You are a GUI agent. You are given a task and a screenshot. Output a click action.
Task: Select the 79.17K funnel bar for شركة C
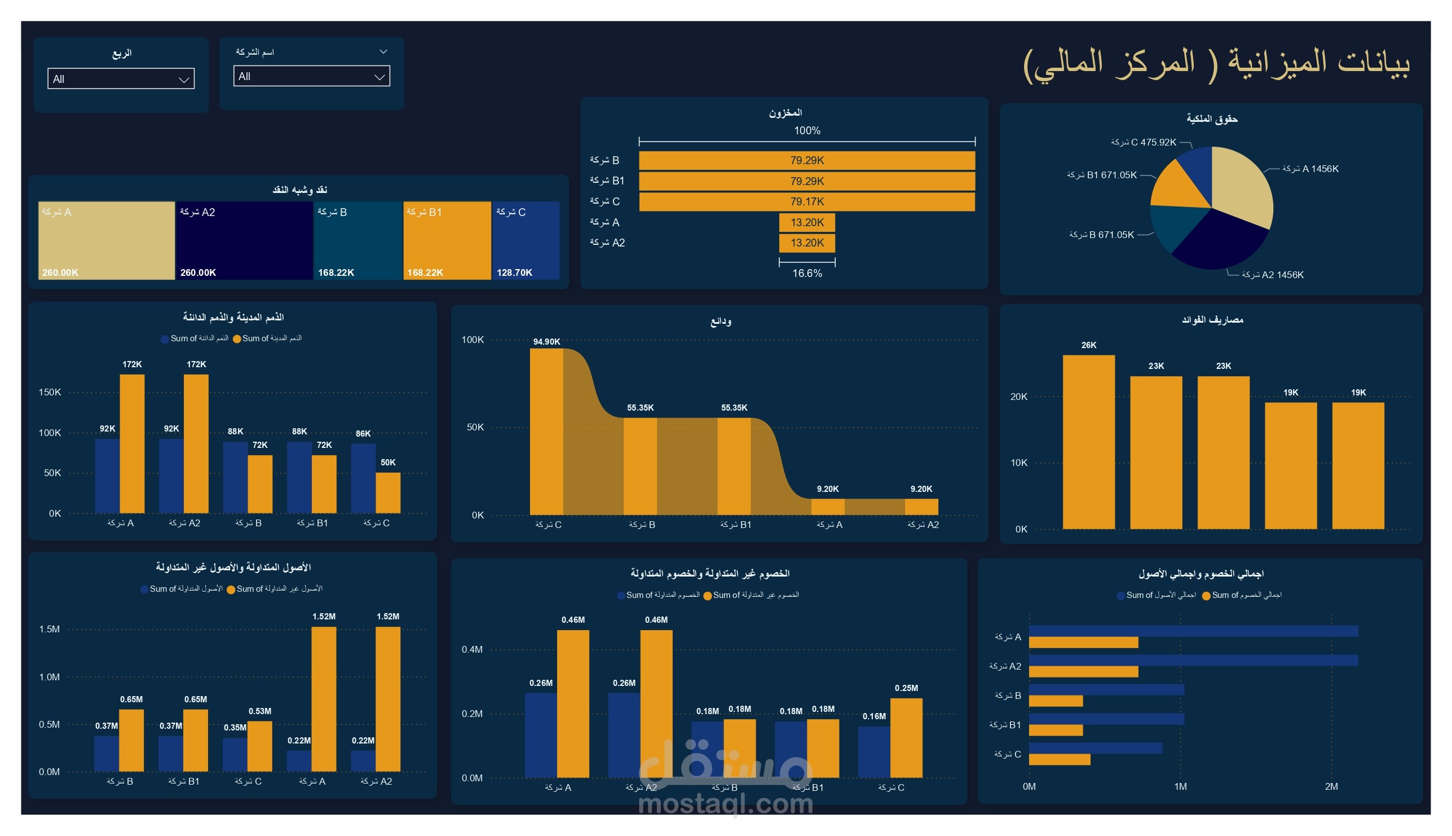[x=806, y=201]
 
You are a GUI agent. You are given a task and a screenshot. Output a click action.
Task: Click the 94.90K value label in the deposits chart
[x=546, y=342]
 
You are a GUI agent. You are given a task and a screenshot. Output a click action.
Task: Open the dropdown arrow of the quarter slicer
[x=184, y=80]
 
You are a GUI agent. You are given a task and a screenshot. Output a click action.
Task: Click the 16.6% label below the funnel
[x=807, y=273]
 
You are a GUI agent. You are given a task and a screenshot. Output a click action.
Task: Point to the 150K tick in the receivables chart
[x=50, y=392]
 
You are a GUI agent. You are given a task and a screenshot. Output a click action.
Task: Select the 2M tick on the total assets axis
[x=1331, y=786]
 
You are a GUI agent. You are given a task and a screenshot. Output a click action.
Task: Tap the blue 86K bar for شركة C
[x=363, y=478]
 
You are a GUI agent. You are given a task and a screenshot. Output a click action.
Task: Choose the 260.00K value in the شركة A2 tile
[x=198, y=272]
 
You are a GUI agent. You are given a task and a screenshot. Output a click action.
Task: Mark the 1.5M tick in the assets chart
[x=50, y=630]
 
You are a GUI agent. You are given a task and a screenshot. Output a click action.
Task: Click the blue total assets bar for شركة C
[x=1095, y=748]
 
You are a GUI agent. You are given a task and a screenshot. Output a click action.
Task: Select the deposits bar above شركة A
[x=828, y=507]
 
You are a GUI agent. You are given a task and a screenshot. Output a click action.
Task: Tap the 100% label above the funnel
[x=807, y=131]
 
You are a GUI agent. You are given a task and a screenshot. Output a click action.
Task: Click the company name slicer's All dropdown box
[x=311, y=76]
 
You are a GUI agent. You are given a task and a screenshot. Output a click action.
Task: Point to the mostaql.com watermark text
[x=725, y=804]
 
